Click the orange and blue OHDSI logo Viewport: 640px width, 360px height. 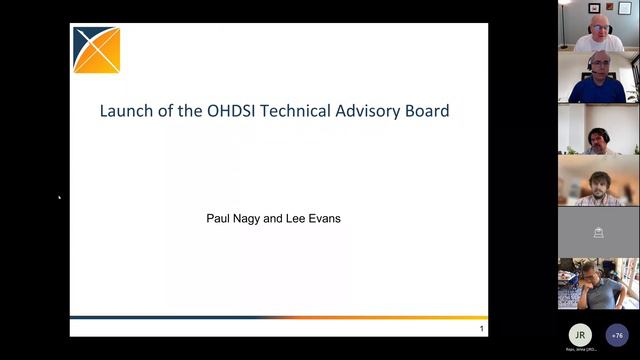96,50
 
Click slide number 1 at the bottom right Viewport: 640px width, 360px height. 481,329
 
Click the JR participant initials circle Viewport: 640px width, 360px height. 579,334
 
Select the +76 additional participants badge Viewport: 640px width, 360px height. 617,334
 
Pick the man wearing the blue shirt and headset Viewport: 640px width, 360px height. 598,79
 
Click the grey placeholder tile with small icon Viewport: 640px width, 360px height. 598,232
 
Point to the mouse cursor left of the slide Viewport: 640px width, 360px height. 59,197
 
